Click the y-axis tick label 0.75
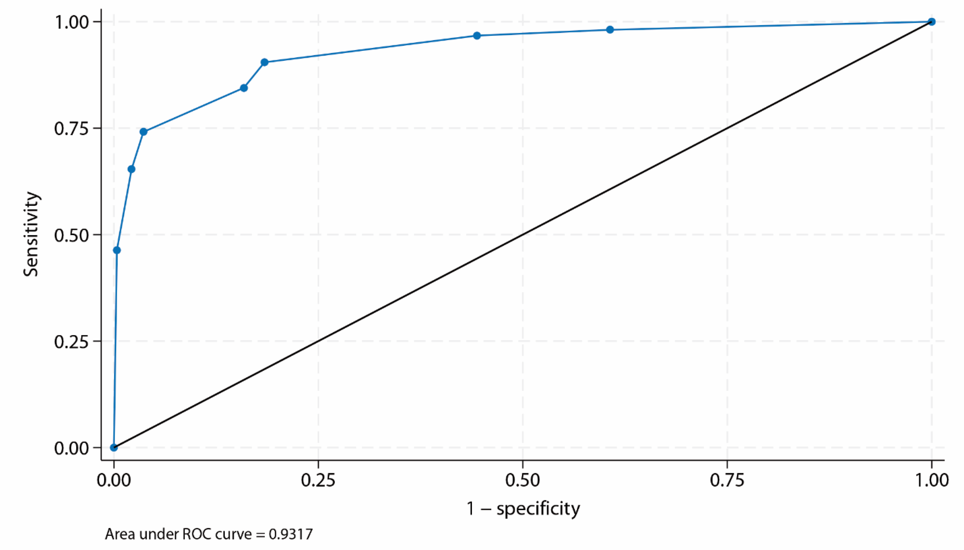tap(72, 128)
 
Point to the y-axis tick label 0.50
tap(72, 235)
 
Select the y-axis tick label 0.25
tap(72, 341)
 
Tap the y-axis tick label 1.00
tap(72, 22)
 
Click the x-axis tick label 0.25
tap(318, 480)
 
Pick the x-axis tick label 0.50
tap(522, 480)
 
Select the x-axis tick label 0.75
tap(727, 480)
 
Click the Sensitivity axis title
tap(31, 234)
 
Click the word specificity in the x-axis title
tap(538, 509)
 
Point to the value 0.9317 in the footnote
tap(291, 534)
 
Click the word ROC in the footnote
tap(193, 534)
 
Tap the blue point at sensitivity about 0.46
tap(117, 250)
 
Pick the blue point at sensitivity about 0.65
tap(132, 169)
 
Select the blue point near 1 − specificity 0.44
tap(477, 36)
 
